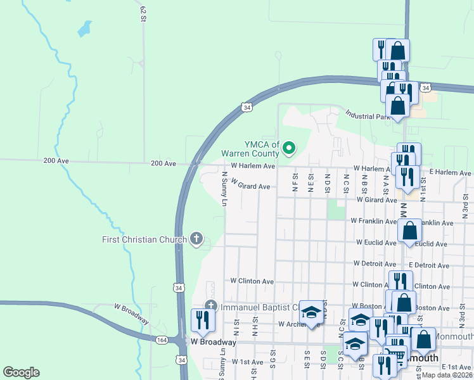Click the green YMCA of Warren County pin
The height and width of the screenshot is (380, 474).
point(289,149)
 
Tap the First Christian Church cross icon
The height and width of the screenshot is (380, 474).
point(196,239)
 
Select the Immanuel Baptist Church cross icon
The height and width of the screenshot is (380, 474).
point(211,307)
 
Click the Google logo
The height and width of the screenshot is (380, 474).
point(21,372)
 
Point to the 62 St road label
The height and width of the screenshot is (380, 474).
point(143,13)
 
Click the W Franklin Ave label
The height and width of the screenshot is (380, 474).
point(374,222)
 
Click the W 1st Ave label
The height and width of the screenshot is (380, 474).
point(247,362)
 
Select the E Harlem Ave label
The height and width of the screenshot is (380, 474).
point(450,172)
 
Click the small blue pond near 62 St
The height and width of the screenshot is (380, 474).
point(83,28)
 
